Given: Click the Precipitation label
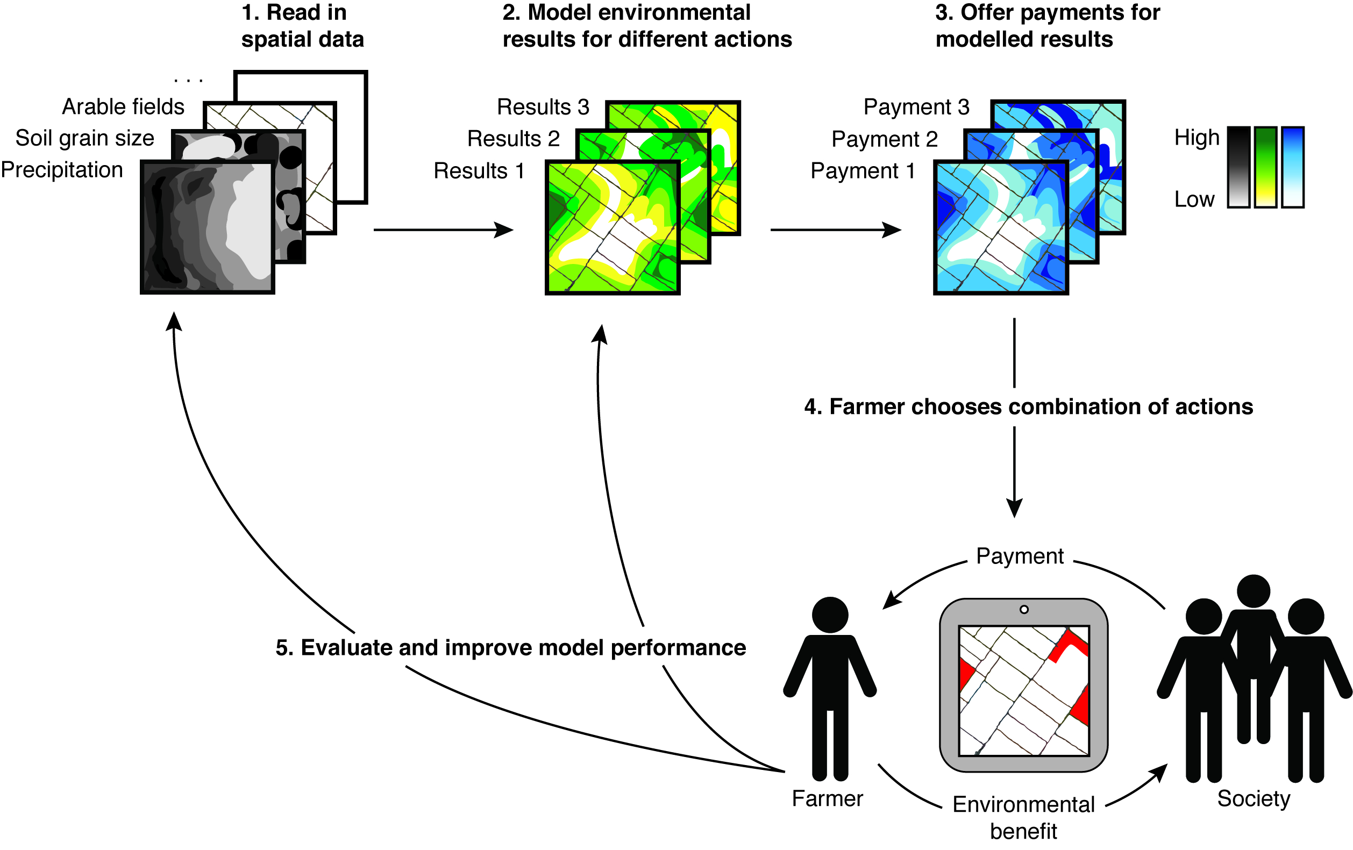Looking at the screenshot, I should (x=62, y=170).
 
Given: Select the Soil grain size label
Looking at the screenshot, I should (x=85, y=138).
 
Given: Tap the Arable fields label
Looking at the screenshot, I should (x=123, y=107).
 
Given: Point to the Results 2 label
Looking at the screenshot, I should (x=514, y=139).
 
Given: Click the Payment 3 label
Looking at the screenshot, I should (x=916, y=107).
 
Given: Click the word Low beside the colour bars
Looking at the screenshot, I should (x=1194, y=199).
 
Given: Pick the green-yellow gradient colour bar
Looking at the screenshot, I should (x=1265, y=167).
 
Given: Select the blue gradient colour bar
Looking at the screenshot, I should (x=1292, y=167).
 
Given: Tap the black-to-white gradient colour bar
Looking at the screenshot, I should (x=1238, y=167).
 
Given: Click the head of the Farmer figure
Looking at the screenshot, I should (x=830, y=615).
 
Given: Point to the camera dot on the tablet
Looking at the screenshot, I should (x=1024, y=610).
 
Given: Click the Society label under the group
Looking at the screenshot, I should (x=1254, y=798).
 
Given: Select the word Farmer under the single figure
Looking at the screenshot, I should (x=827, y=798).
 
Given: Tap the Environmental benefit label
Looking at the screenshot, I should (x=1024, y=817).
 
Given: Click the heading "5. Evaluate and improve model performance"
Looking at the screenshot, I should (x=510, y=648).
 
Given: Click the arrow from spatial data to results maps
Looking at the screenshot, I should (x=443, y=230).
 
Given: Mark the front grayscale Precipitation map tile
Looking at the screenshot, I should (x=208, y=227).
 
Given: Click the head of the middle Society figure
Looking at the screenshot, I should (x=1254, y=591).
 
